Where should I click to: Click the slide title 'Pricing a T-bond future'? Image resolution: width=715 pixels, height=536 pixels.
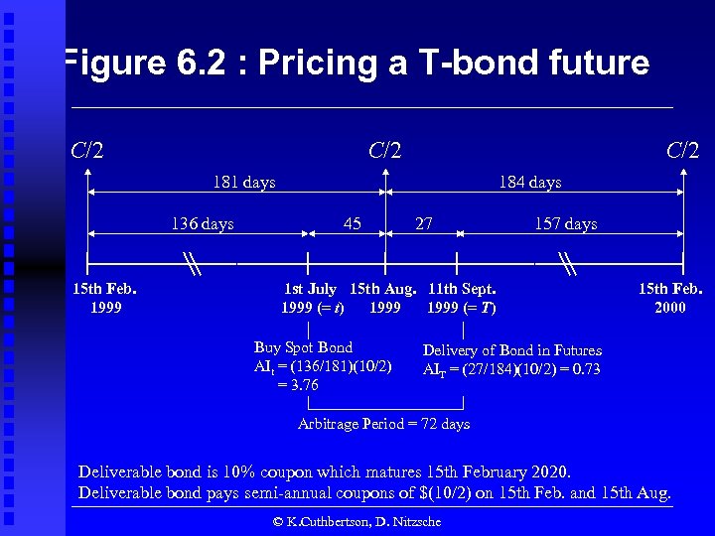point(355,64)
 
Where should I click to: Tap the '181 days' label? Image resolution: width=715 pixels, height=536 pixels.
point(244,183)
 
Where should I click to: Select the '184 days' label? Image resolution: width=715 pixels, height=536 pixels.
point(529,183)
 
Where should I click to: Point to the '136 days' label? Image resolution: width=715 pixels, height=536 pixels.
point(203,224)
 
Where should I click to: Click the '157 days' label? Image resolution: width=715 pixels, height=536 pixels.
point(566,224)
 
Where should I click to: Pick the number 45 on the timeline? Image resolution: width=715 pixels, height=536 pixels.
point(352,223)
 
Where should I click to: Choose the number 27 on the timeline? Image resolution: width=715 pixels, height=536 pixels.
point(423,223)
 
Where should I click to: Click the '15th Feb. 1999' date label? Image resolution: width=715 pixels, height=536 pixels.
point(105,298)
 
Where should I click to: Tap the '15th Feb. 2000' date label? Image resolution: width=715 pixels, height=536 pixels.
point(669,298)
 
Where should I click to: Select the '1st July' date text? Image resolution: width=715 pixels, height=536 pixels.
point(310,289)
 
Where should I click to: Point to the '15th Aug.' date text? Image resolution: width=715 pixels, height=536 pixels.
point(383,289)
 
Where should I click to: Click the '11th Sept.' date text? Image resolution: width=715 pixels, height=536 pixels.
point(462,289)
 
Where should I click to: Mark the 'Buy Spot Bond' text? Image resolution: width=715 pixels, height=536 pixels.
point(303,347)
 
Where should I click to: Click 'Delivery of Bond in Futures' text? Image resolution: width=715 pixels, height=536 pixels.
point(511,350)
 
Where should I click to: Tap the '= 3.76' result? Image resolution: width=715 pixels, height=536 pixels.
point(298,385)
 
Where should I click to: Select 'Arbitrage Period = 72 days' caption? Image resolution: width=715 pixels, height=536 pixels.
point(383,424)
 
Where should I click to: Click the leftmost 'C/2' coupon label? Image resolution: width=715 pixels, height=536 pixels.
point(88,151)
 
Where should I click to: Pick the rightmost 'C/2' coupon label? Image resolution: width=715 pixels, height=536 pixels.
point(682,151)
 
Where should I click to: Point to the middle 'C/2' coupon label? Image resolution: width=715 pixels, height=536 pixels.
point(385,151)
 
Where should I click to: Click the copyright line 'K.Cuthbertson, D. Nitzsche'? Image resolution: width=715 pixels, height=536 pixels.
point(357,521)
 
